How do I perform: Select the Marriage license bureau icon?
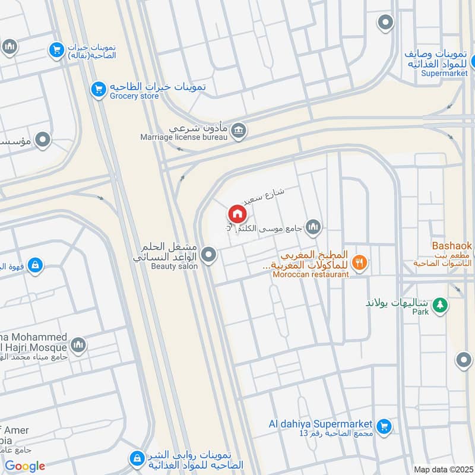pyautogui.click(x=239, y=130)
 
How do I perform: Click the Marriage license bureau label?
pyautogui.click(x=184, y=137)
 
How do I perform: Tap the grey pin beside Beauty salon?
pyautogui.click(x=208, y=255)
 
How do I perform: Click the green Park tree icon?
pyautogui.click(x=439, y=305)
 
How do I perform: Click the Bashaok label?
pyautogui.click(x=451, y=245)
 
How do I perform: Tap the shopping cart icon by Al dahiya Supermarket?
pyautogui.click(x=384, y=426)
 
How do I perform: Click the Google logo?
pyautogui.click(x=25, y=466)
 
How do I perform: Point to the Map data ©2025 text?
pyautogui.click(x=442, y=469)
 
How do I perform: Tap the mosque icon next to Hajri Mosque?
pyautogui.click(x=78, y=344)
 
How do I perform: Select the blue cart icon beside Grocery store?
pyautogui.click(x=99, y=90)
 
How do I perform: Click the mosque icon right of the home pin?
pyautogui.click(x=313, y=226)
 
